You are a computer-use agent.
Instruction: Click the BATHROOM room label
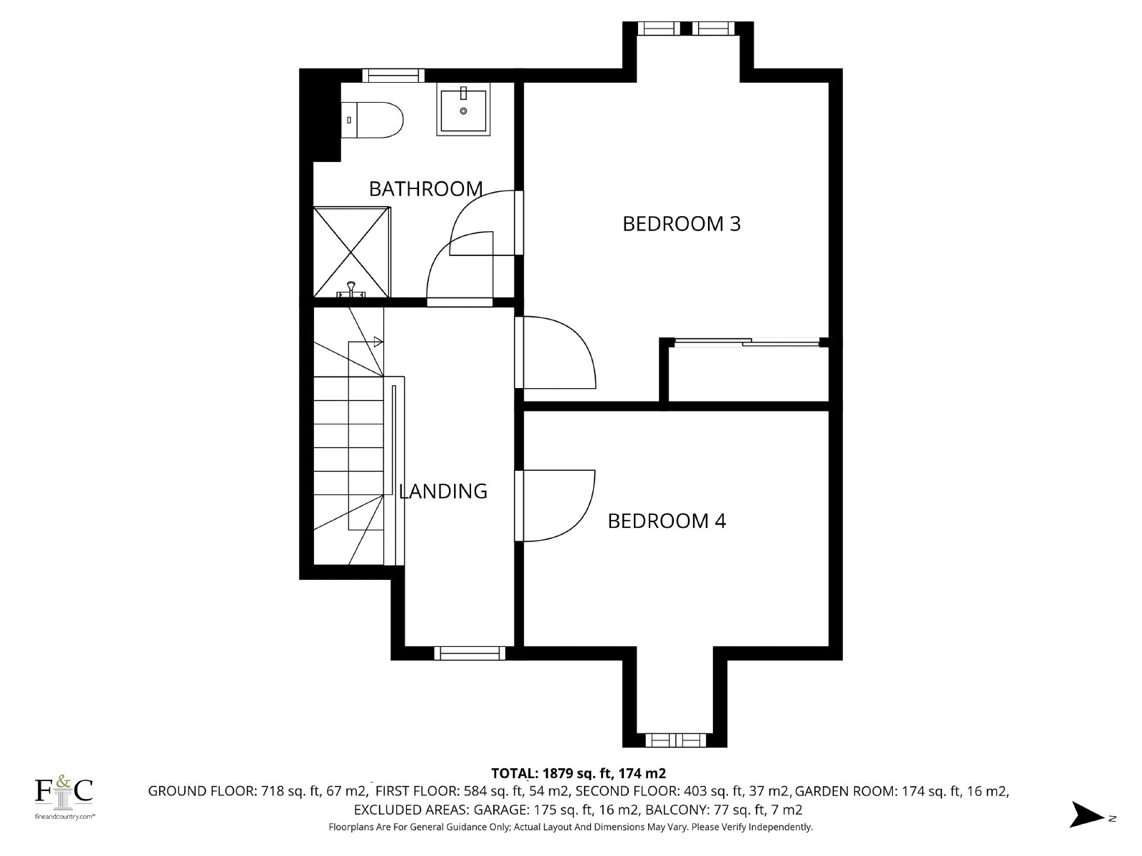425,188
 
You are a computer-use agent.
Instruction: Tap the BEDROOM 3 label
682,224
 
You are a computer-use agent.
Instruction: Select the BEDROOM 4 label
667,521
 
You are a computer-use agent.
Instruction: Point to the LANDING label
443,491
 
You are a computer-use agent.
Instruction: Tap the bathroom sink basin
463,111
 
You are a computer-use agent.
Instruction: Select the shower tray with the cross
352,252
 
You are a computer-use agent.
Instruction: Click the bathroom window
393,76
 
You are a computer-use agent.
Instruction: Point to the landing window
470,653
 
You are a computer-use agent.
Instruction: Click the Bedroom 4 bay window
675,740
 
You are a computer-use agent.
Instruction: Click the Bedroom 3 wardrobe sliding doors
747,342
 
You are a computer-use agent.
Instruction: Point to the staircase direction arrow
378,342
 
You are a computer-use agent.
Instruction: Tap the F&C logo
64,796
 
